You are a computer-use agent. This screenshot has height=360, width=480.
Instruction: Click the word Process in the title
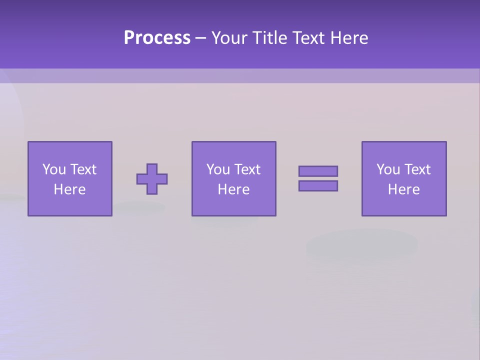(x=157, y=38)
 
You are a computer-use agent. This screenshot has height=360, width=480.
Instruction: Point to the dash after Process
(x=200, y=38)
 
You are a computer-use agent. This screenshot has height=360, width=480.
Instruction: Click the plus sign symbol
(x=152, y=179)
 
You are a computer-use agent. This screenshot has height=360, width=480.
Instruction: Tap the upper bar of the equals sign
(x=318, y=171)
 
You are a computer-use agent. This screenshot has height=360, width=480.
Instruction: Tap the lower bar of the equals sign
(x=318, y=186)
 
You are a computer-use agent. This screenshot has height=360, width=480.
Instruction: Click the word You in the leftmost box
(x=54, y=169)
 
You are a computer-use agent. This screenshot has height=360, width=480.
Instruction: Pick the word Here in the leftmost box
(x=70, y=189)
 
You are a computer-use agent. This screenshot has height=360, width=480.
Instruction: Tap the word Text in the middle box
(x=247, y=169)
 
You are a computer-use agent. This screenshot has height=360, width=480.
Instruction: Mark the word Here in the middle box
(x=234, y=189)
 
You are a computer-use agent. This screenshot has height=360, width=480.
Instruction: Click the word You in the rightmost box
(x=388, y=169)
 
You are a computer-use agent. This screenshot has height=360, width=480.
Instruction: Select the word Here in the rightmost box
(x=404, y=189)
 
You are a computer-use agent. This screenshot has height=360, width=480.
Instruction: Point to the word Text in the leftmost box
(x=83, y=169)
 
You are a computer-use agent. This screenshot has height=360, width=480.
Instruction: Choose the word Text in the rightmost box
(x=417, y=169)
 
